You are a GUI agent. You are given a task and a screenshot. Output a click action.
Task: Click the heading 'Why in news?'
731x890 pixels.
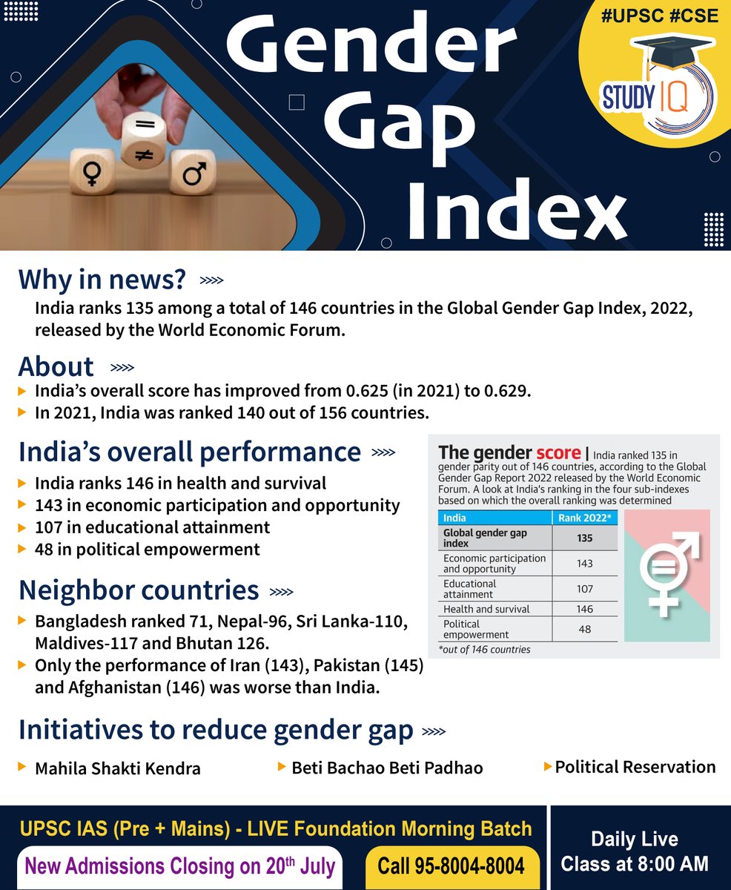[x=102, y=280]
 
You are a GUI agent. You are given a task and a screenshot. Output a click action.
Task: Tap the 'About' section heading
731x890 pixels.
[x=56, y=367]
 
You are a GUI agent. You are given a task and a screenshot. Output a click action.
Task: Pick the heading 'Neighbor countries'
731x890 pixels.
[x=139, y=590]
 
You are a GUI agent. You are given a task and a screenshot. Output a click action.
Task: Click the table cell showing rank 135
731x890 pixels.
[x=584, y=538]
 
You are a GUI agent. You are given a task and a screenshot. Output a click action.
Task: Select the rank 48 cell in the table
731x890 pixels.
[x=584, y=629]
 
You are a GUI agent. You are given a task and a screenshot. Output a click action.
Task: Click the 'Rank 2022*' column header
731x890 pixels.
[x=585, y=518]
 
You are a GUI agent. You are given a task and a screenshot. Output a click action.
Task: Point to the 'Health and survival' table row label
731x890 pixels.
[x=486, y=609]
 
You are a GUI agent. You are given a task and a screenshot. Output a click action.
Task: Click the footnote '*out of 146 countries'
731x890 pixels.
[x=484, y=650]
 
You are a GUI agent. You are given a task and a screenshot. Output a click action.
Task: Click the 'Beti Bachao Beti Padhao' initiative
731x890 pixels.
[x=387, y=768]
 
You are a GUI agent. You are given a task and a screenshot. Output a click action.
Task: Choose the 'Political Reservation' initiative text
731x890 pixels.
[x=635, y=767]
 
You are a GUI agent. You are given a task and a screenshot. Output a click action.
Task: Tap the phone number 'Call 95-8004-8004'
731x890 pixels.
[x=451, y=866]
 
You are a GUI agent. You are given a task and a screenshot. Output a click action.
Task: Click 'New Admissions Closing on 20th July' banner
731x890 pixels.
[x=180, y=866]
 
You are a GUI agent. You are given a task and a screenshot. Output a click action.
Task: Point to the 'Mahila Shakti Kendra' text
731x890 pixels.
[x=117, y=768]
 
